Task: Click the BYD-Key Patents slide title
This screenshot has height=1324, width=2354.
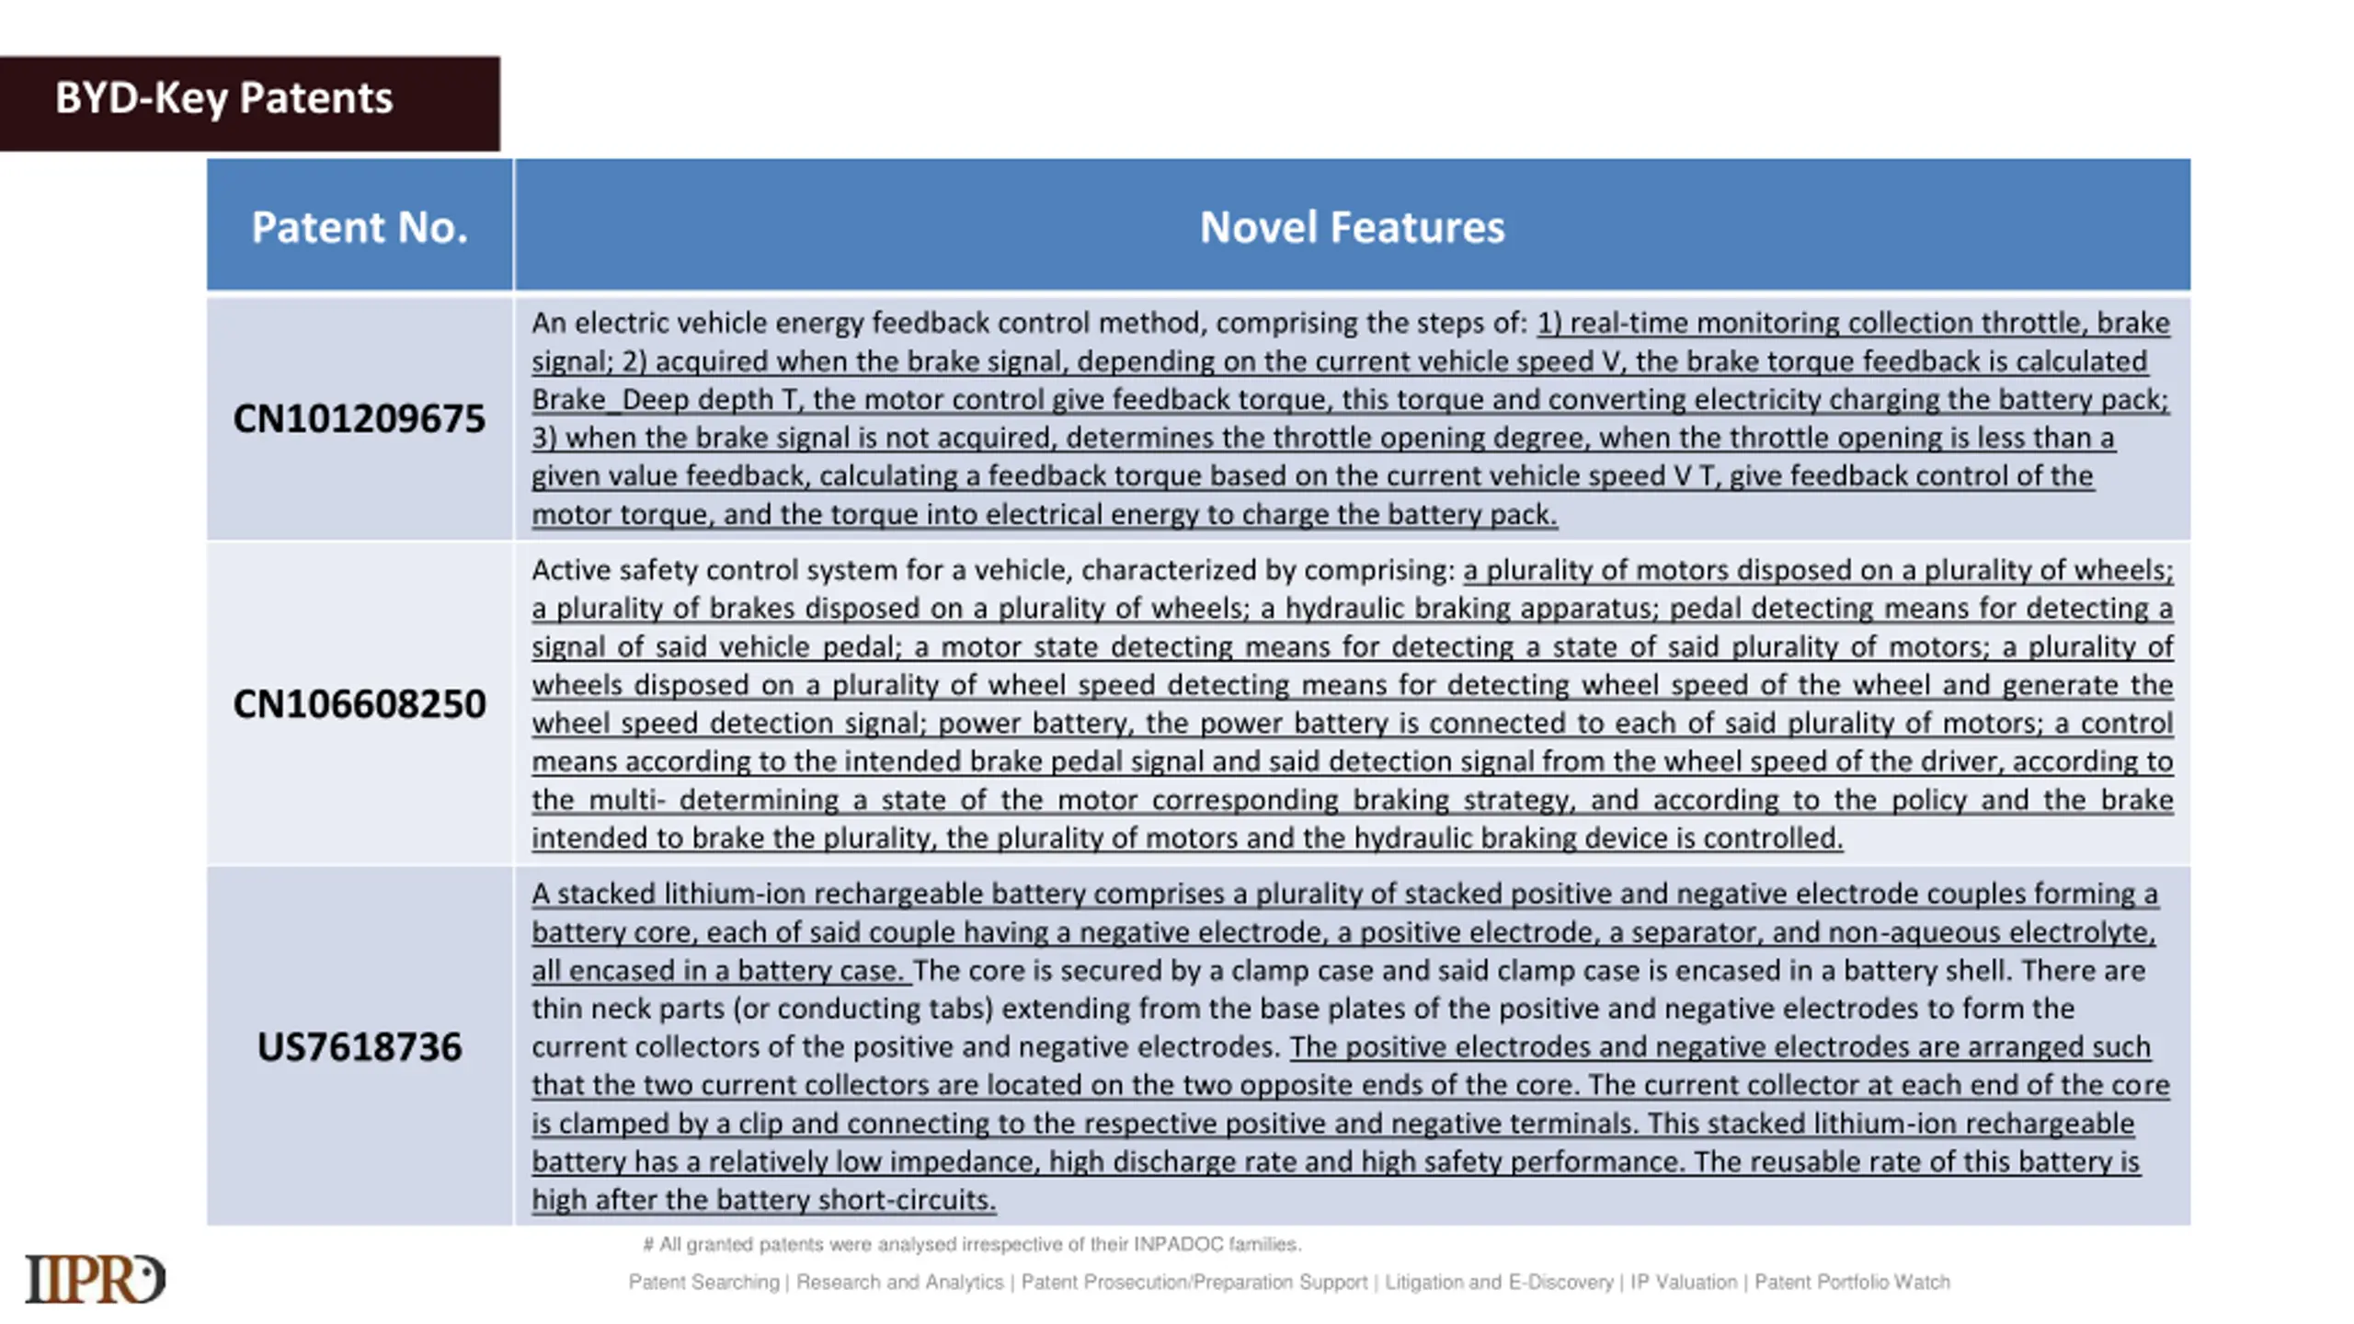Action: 223,98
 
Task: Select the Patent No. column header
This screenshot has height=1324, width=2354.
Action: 360,227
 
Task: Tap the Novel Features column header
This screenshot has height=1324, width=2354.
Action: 1352,227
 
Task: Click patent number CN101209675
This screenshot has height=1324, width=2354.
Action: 359,418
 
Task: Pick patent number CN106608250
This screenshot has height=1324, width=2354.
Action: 359,704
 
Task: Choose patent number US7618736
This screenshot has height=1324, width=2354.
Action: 359,1047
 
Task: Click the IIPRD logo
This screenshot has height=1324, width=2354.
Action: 95,1278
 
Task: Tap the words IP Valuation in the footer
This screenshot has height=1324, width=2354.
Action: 1684,1282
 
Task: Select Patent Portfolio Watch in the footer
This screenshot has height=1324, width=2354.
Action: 1852,1282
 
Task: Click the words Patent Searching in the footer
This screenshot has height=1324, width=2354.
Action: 703,1282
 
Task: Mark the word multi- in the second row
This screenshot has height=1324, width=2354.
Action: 626,800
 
